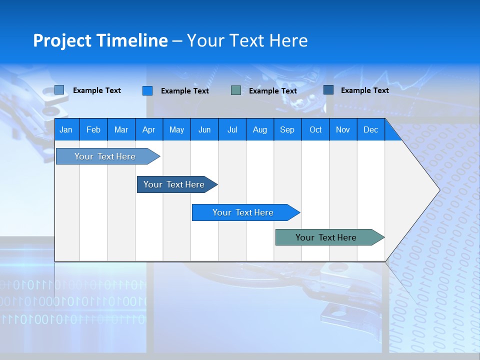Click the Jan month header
click(x=66, y=129)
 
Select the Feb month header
click(x=93, y=129)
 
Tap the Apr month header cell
click(x=148, y=129)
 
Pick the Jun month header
click(x=204, y=129)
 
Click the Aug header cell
click(x=259, y=129)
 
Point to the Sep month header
click(x=287, y=129)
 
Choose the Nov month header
click(x=342, y=129)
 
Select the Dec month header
click(x=370, y=129)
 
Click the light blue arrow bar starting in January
click(x=105, y=156)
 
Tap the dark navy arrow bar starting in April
click(x=174, y=184)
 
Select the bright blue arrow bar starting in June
click(x=243, y=212)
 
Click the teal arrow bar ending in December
click(x=326, y=237)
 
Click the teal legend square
click(x=236, y=90)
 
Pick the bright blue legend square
click(x=147, y=90)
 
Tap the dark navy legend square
click(x=328, y=90)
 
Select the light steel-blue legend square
click(x=59, y=90)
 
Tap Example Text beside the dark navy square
click(x=364, y=90)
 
